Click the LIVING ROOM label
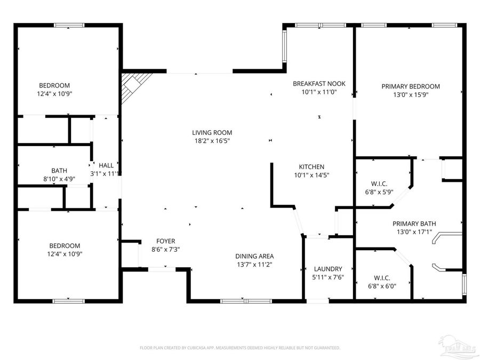click(212, 132)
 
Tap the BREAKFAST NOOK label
click(319, 84)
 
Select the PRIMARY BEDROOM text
click(410, 86)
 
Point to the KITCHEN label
click(311, 167)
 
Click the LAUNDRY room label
click(327, 269)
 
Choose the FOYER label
click(165, 241)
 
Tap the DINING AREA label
click(255, 256)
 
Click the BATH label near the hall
click(59, 171)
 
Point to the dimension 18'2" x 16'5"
click(212, 141)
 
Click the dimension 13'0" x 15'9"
click(410, 95)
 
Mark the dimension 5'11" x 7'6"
click(327, 277)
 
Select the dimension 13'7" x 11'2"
click(255, 265)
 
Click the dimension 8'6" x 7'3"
click(165, 250)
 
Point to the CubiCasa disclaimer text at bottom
click(239, 348)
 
